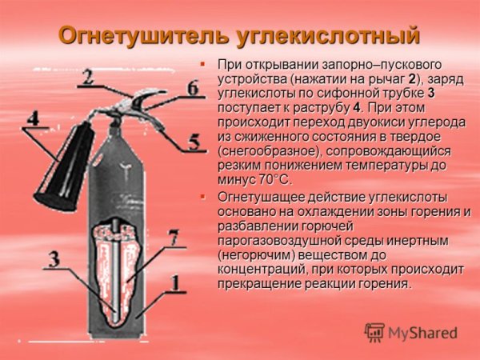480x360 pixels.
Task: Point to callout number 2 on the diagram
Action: point(87,76)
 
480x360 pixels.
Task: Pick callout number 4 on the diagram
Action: point(33,118)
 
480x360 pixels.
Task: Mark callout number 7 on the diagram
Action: point(173,238)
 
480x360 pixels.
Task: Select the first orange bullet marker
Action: point(203,63)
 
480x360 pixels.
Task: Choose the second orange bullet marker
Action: point(203,196)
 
